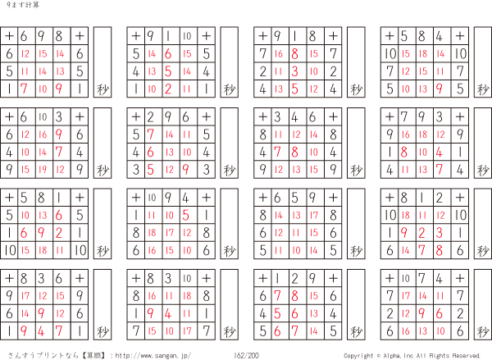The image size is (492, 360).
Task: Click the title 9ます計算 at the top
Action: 23,5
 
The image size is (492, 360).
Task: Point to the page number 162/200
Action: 246,355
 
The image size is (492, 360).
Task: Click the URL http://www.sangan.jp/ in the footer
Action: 153,356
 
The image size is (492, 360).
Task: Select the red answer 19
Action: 43,170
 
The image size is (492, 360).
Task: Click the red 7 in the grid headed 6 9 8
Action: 24,89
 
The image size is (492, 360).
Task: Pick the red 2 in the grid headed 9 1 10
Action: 168,89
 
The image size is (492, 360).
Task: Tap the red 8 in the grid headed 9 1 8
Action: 294,53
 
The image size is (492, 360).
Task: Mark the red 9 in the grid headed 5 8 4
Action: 440,89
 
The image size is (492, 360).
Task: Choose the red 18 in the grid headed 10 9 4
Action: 152,233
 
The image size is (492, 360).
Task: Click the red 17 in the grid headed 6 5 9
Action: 314,215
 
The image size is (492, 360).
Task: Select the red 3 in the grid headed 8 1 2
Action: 440,233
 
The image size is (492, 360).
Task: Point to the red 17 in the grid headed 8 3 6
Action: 25,296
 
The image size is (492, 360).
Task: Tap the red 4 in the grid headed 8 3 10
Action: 168,313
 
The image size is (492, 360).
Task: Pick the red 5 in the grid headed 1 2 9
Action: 277,313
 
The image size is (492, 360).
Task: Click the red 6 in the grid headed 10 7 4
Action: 440,313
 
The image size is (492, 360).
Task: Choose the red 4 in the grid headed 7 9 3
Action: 440,153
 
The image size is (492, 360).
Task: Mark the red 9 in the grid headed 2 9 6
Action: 186,170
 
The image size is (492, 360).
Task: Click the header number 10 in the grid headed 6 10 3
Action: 43,117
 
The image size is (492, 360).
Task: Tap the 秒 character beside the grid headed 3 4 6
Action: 356,171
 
